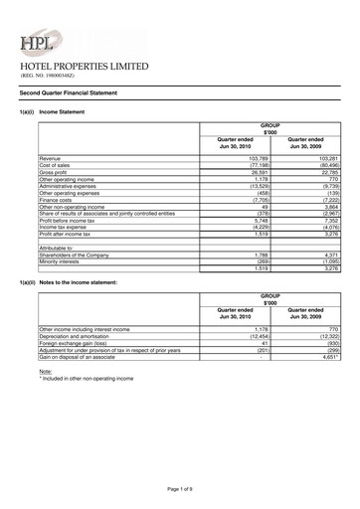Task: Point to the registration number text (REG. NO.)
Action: click(x=48, y=76)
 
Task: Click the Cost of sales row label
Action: click(x=58, y=165)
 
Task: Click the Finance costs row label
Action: click(x=59, y=198)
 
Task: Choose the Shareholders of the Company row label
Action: click(x=75, y=254)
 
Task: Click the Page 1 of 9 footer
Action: click(x=180, y=490)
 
